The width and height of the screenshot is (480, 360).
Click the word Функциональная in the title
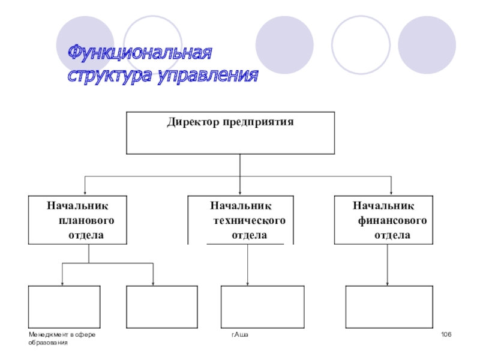tap(139, 53)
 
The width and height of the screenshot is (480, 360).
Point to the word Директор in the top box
tap(193, 122)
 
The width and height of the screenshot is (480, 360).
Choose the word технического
tap(249, 220)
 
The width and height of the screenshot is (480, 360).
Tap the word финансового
tap(393, 220)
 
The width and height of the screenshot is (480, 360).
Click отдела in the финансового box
tap(393, 235)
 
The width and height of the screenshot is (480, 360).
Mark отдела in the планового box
tap(86, 235)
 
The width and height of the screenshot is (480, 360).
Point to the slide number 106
tap(445, 334)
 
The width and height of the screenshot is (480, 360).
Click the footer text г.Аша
tap(240, 334)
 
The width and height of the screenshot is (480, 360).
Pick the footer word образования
tap(48, 342)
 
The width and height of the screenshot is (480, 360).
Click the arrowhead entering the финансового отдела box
tap(391, 192)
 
